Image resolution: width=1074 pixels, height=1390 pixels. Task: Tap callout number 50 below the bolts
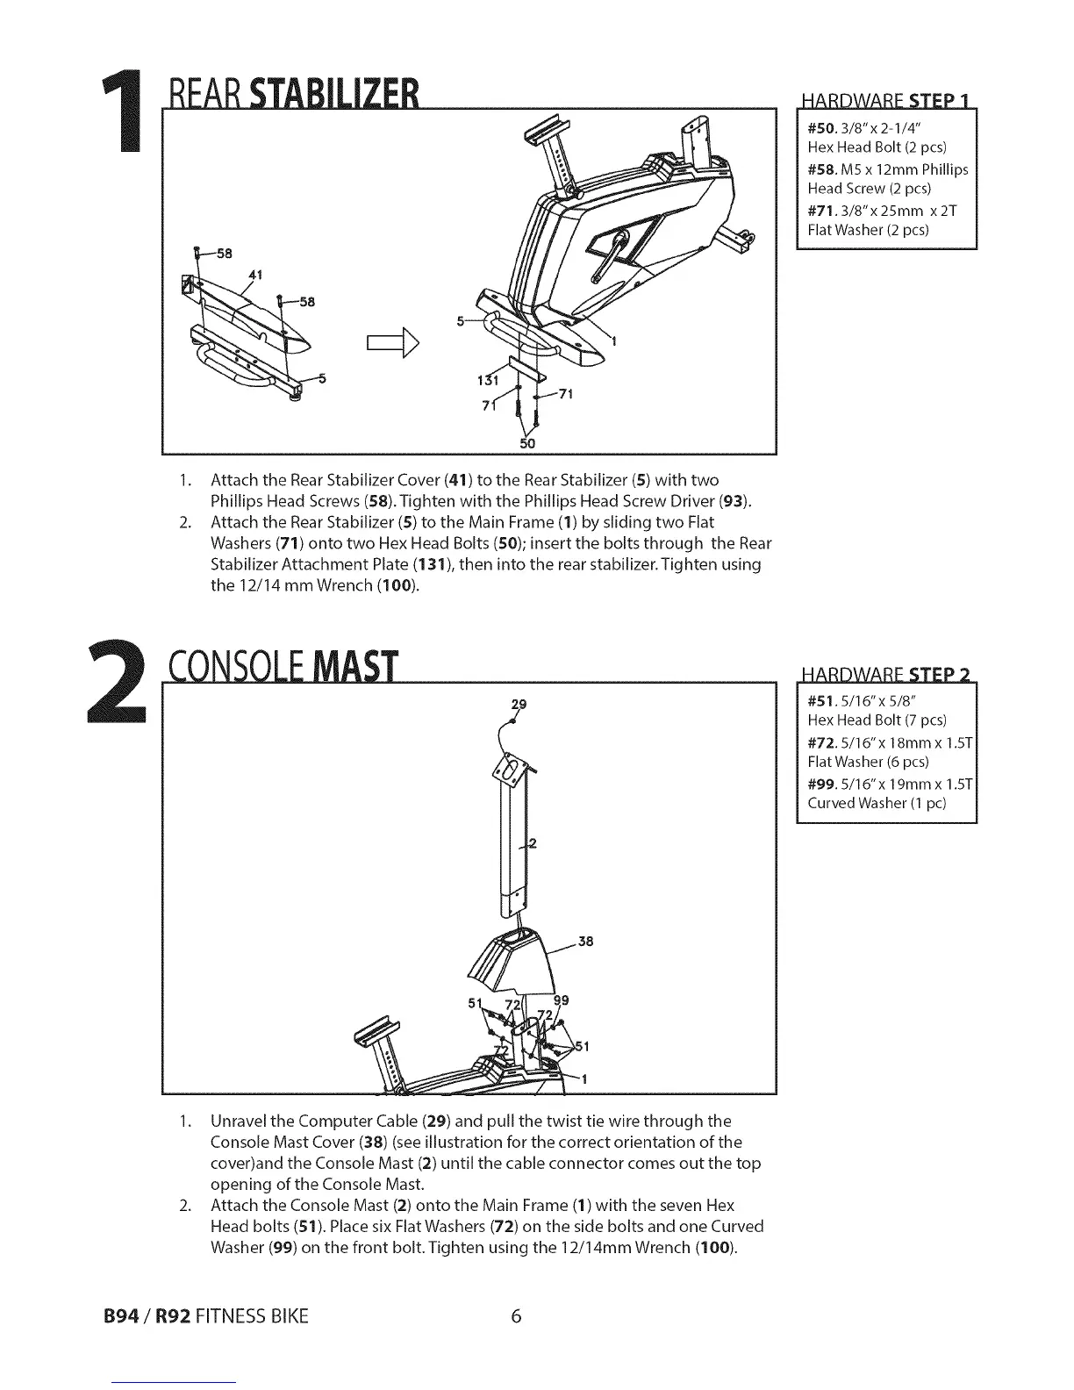click(x=527, y=443)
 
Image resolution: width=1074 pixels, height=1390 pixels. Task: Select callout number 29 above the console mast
click(x=519, y=704)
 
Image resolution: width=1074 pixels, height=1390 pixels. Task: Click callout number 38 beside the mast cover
click(x=586, y=942)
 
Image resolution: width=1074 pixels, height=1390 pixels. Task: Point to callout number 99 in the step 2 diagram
click(x=562, y=1000)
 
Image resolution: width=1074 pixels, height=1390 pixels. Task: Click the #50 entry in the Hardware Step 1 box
click(x=821, y=128)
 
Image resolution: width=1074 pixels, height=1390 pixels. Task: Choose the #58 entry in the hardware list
click(x=821, y=169)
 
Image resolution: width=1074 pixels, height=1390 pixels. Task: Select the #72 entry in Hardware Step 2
click(x=821, y=742)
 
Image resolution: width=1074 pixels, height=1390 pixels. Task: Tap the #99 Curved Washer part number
click(x=821, y=784)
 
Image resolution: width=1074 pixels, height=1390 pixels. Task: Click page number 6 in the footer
click(x=516, y=1316)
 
